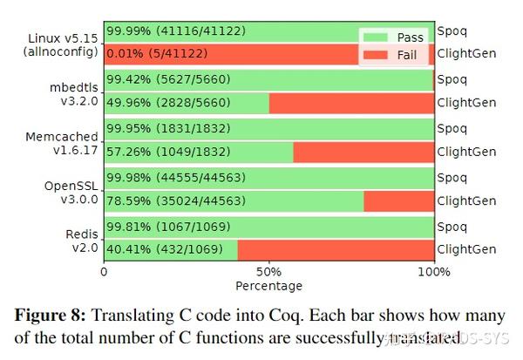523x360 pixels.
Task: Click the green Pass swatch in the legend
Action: coord(377,38)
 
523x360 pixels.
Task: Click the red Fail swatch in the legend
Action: coord(377,54)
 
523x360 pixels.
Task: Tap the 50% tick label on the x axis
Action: coord(269,271)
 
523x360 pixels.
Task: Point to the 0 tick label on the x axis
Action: coord(105,271)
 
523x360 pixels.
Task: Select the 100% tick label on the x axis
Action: coord(433,271)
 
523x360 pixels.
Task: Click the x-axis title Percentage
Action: coord(269,286)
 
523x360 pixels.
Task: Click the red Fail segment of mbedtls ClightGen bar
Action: coord(351,103)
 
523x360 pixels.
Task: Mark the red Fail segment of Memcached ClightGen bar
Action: coord(363,153)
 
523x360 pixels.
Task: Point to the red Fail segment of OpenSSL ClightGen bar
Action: coord(398,202)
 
